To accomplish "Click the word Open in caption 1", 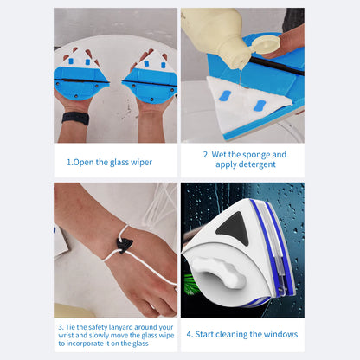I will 84,161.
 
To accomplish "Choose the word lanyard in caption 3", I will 124,327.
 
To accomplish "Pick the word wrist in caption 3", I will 68,336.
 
